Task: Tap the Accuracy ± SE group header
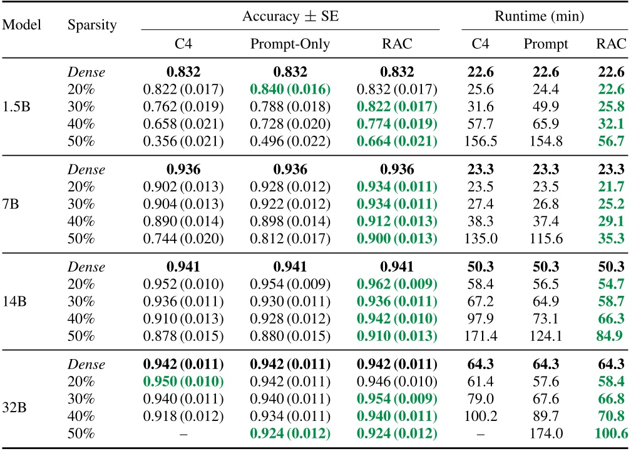click(x=290, y=17)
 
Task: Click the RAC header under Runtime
click(x=610, y=44)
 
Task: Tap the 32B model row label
click(x=14, y=397)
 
